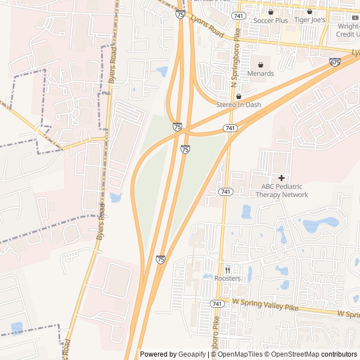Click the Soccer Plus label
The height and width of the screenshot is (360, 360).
271,20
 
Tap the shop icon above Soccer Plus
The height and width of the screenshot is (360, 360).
271,12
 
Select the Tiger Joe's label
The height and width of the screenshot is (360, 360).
310,20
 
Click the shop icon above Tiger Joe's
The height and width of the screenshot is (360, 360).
310,11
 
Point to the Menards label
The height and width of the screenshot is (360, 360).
260,73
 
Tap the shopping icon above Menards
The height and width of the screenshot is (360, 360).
260,65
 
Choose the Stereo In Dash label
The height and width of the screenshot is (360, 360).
238,105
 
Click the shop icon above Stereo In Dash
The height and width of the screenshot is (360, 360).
238,96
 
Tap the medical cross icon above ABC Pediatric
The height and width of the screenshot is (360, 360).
281,178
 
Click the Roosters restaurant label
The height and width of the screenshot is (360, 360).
227,278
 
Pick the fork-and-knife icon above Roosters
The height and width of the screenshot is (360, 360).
227,269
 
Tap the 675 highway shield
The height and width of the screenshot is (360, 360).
335,62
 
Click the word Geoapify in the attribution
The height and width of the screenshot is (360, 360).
191,354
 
